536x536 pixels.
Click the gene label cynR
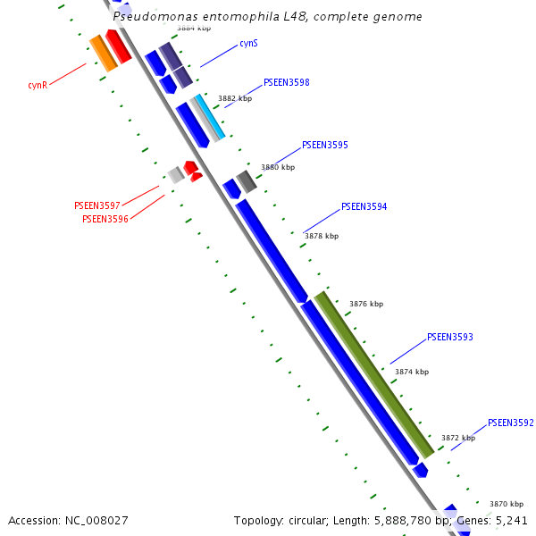(38, 86)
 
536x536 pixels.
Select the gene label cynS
(249, 44)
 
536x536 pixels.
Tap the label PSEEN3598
(287, 82)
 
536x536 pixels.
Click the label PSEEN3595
(325, 145)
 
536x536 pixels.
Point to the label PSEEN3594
(364, 206)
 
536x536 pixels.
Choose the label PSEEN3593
(450, 338)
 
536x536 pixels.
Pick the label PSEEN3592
(511, 423)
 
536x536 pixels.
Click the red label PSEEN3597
(97, 205)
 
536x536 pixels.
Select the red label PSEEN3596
(105, 219)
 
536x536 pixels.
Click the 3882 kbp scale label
(235, 98)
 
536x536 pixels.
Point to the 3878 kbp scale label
(322, 236)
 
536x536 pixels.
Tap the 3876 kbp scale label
(365, 304)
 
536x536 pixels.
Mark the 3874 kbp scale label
(411, 372)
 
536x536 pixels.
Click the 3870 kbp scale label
(506, 504)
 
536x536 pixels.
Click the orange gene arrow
(104, 53)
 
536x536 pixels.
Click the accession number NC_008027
(96, 520)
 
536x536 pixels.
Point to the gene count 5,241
(509, 520)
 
